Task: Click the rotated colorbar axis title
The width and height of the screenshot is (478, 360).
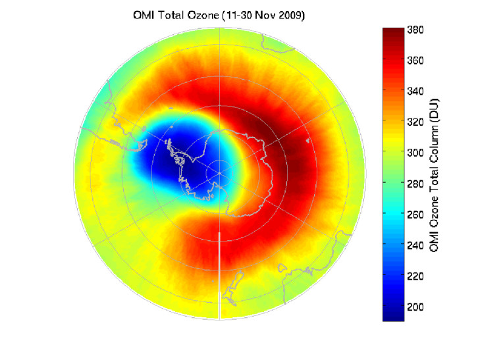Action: coord(434,174)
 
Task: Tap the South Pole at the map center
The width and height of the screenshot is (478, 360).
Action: coord(219,173)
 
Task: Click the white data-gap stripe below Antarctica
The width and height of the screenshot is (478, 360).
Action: coord(219,276)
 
